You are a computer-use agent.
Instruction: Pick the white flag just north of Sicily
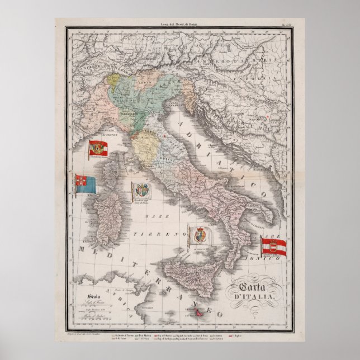pyautogui.click(x=200, y=235)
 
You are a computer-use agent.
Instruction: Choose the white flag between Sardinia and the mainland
pyautogui.click(x=140, y=191)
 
